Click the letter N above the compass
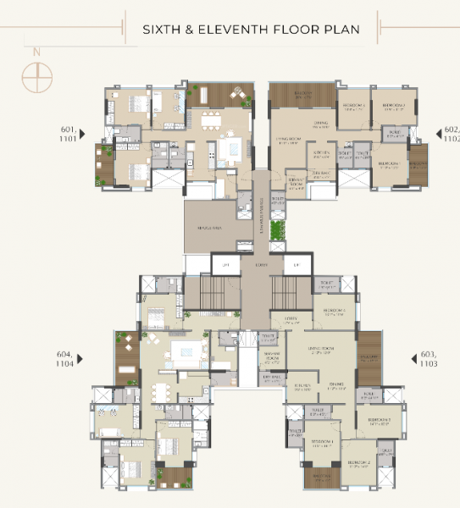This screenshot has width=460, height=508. pyautogui.click(x=36, y=52)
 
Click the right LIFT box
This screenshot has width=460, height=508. pyautogui.click(x=297, y=265)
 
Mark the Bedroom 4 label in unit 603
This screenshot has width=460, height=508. pyautogui.click(x=334, y=311)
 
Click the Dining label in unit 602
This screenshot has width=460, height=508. pyautogui.click(x=297, y=124)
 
